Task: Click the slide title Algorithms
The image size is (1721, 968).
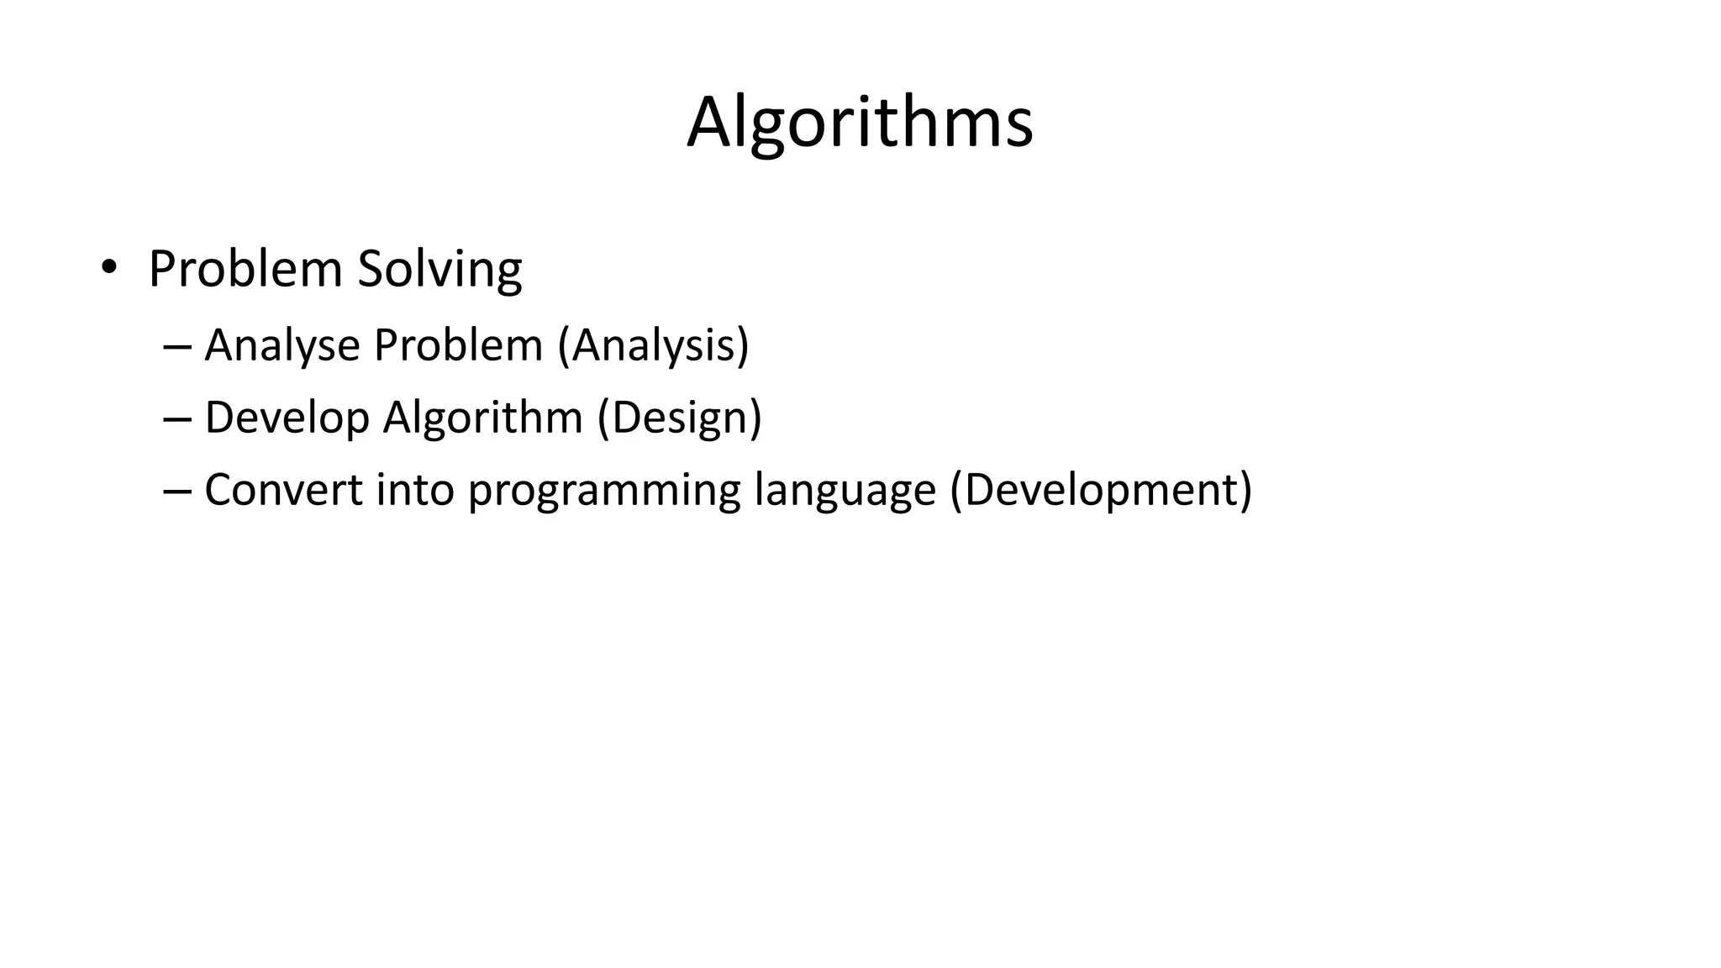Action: (x=860, y=124)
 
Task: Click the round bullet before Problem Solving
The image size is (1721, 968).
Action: (x=108, y=267)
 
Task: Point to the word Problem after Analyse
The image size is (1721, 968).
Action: (x=458, y=345)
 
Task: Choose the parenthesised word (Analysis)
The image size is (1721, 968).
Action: (x=653, y=345)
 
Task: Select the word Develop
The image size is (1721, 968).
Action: (x=287, y=418)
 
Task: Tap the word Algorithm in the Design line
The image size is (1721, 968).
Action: (x=482, y=418)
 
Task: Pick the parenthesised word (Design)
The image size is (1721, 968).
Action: (x=679, y=418)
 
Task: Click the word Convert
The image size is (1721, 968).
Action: (x=283, y=490)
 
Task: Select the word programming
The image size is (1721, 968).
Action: (x=604, y=492)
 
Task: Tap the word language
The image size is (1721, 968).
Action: (x=845, y=492)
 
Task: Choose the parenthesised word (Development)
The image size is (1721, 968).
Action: (x=1101, y=490)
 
